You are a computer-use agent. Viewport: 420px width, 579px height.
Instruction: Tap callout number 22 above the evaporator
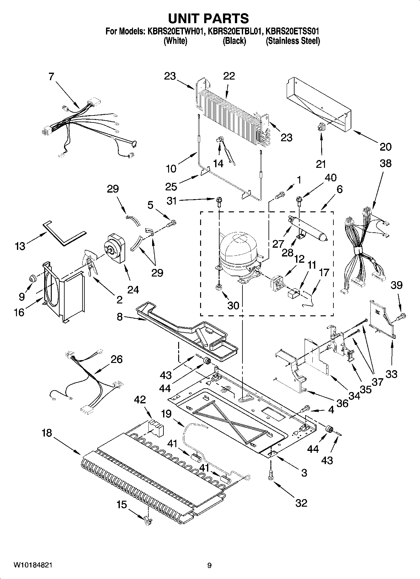click(229, 76)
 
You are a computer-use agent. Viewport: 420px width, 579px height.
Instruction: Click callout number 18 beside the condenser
click(47, 433)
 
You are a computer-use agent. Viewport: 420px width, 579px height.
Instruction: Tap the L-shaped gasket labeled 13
click(64, 233)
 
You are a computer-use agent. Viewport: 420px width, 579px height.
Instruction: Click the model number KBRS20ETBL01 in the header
click(235, 31)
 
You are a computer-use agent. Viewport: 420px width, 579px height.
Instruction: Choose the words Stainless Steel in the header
click(293, 41)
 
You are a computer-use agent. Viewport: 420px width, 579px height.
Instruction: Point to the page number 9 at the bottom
click(209, 566)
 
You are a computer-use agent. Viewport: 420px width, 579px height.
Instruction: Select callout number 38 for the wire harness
click(385, 163)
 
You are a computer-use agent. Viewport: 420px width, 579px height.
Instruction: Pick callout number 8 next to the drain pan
click(120, 317)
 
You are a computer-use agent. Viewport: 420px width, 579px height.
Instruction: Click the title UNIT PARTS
click(209, 18)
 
